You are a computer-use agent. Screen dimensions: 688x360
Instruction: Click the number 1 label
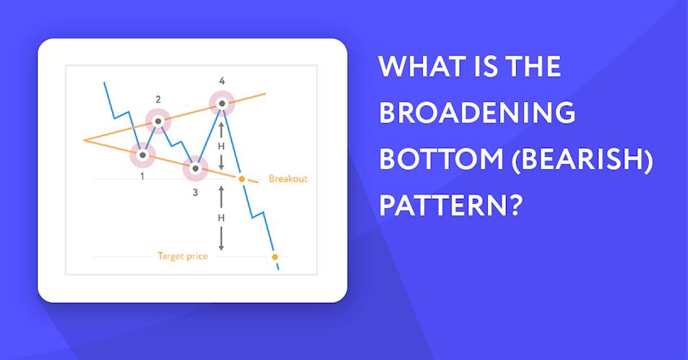(142, 177)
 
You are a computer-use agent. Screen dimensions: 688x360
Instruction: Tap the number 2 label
(158, 100)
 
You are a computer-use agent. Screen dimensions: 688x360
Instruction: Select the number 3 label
(195, 192)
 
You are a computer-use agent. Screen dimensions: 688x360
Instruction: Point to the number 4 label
(222, 81)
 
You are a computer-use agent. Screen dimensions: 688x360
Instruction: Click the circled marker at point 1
(142, 155)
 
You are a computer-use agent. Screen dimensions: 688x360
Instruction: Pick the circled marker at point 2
(158, 121)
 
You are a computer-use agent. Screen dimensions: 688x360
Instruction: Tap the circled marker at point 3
(196, 168)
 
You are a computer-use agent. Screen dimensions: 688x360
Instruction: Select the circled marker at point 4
(222, 103)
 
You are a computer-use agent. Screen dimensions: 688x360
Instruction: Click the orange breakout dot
(241, 179)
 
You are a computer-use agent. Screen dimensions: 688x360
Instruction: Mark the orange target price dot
(275, 257)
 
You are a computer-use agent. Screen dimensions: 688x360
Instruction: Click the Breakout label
(288, 179)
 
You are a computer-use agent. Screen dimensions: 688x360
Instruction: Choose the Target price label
(183, 257)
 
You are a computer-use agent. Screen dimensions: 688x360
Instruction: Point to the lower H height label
(221, 218)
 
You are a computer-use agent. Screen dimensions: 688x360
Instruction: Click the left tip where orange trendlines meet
(84, 140)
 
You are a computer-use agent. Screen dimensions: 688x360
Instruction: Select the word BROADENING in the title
(477, 112)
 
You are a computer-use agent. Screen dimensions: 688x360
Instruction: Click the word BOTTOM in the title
(441, 158)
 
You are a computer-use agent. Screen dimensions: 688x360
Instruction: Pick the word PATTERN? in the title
(452, 205)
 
